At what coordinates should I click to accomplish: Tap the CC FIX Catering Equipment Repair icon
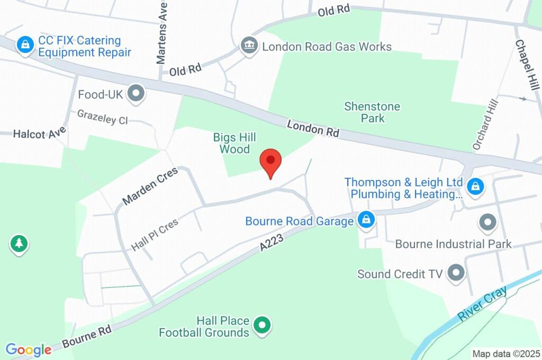pyautogui.click(x=25, y=45)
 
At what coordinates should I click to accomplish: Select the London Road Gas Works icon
pyautogui.click(x=248, y=45)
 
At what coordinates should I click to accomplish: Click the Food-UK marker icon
pyautogui.click(x=137, y=94)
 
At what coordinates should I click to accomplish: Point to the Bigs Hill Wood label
pyautogui.click(x=234, y=143)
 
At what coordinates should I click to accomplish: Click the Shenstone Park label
pyautogui.click(x=372, y=112)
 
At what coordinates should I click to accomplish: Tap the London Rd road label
pyautogui.click(x=313, y=129)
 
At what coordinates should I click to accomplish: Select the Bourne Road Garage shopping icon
pyautogui.click(x=366, y=220)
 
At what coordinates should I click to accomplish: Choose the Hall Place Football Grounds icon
pyautogui.click(x=261, y=326)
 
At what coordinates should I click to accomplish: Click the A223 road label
pyautogui.click(x=272, y=244)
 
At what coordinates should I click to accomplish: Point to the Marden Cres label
pyautogui.click(x=150, y=186)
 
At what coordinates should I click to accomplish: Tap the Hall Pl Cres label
pyautogui.click(x=155, y=235)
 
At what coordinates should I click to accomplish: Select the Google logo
pyautogui.click(x=29, y=349)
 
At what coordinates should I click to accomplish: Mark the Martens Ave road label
pyautogui.click(x=162, y=32)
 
